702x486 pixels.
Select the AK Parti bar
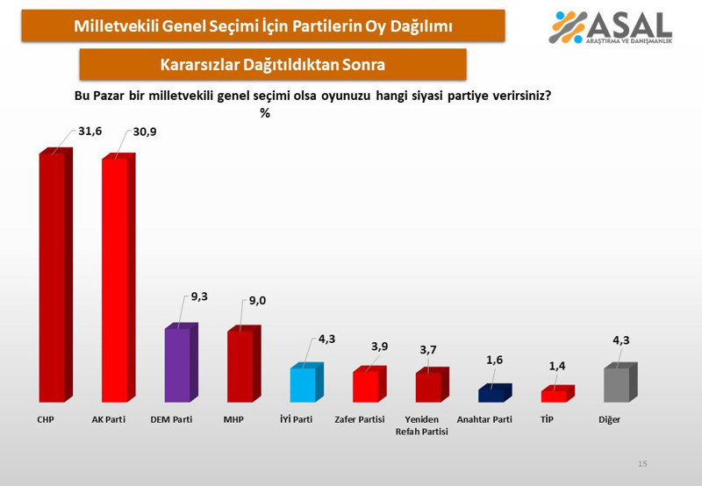115,281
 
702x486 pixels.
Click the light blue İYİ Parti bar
303,384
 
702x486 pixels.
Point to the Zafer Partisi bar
366,386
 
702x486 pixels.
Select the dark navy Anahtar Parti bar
491,395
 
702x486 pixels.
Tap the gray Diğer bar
617,384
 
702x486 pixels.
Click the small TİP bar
554,396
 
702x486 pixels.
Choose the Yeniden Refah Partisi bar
428,387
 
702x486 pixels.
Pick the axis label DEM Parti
172,420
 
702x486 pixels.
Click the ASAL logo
611,27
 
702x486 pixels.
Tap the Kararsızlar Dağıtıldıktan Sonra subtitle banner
272,64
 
